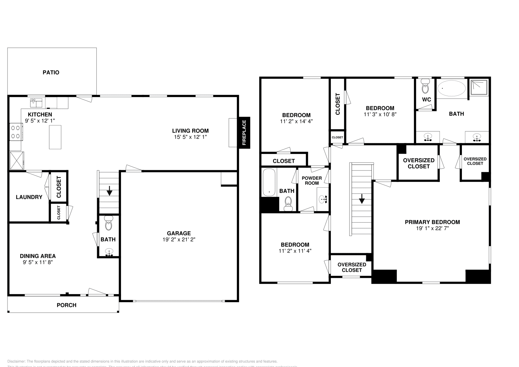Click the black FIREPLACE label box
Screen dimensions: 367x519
pyautogui.click(x=244, y=133)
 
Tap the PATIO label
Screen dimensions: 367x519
pyautogui.click(x=51, y=72)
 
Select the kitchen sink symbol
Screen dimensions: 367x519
pyautogui.click(x=36, y=103)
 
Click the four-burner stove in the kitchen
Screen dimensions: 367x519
pyautogui.click(x=16, y=132)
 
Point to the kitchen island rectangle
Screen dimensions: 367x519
pyautogui.click(x=55, y=137)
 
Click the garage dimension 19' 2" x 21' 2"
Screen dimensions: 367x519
pyautogui.click(x=179, y=240)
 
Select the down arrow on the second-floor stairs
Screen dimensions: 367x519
pyautogui.click(x=362, y=198)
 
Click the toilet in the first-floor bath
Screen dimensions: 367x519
pyautogui.click(x=108, y=223)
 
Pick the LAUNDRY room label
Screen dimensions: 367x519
pyautogui.click(x=29, y=197)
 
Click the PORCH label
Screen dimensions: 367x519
pyautogui.click(x=66, y=305)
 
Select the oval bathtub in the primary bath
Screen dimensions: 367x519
pyautogui.click(x=451, y=88)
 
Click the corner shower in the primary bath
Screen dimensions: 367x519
pyautogui.click(x=479, y=87)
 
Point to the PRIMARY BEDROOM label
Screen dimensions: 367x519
pyautogui.click(x=432, y=222)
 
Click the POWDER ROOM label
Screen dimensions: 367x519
pyautogui.click(x=312, y=181)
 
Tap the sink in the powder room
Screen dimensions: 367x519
pyautogui.click(x=322, y=199)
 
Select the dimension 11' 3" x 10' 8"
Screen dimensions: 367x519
pyautogui.click(x=380, y=114)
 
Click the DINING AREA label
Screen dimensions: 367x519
pyautogui.click(x=38, y=256)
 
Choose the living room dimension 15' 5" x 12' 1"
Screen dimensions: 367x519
pyautogui.click(x=190, y=137)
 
